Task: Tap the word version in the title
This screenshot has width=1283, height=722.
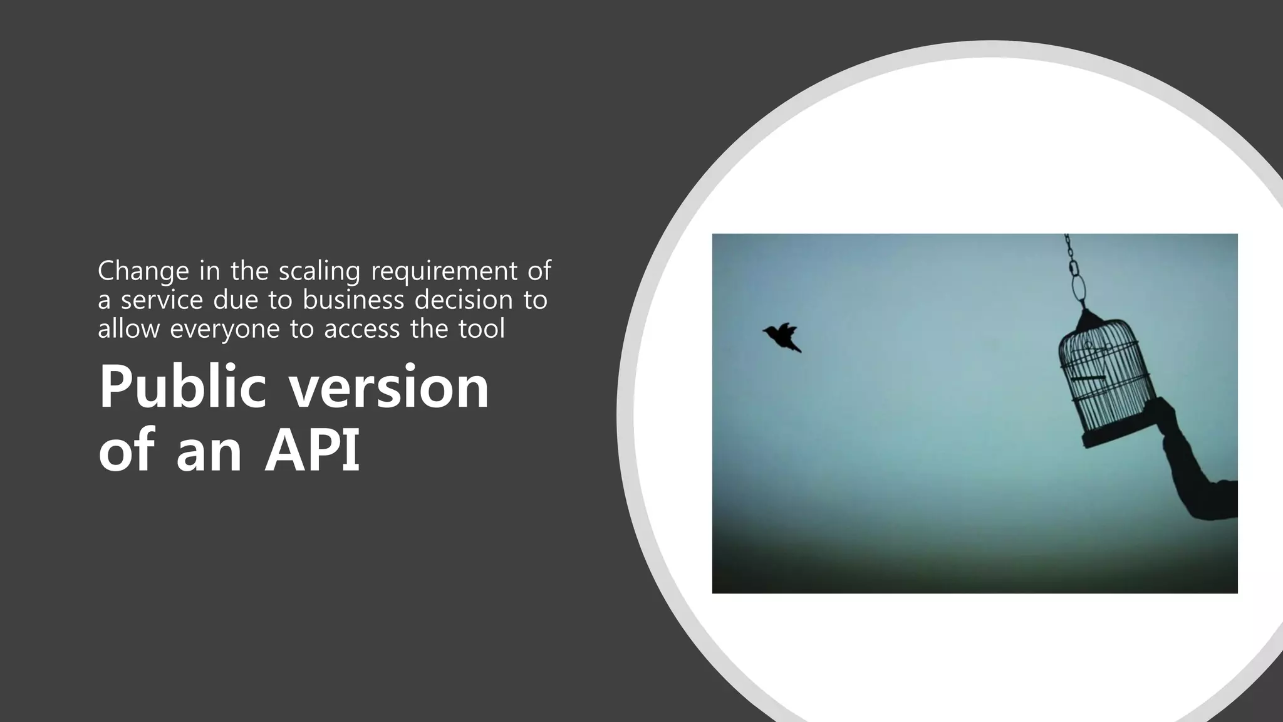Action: pos(389,389)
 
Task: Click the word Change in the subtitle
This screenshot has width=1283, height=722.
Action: pos(143,271)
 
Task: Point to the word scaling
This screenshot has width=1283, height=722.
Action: pos(319,271)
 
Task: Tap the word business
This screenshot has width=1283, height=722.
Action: pos(354,300)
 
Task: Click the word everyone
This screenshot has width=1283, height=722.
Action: pos(225,329)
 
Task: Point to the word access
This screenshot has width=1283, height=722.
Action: pos(361,329)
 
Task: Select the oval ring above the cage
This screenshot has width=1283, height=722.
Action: pos(1079,287)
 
